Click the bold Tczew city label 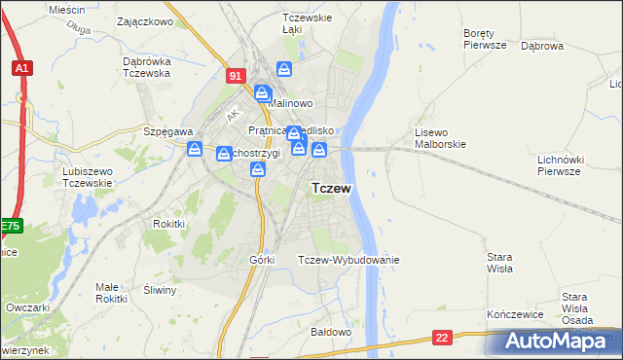[x=331, y=188]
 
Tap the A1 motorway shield [x=21, y=68]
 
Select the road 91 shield [x=235, y=75]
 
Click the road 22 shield [x=443, y=337]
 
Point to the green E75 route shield [x=10, y=226]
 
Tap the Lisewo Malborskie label [x=441, y=138]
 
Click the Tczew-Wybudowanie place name [x=348, y=260]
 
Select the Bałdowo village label [x=330, y=332]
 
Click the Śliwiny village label [x=159, y=290]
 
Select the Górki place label [x=262, y=260]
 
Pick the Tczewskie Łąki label [x=307, y=23]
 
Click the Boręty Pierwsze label [x=485, y=38]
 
